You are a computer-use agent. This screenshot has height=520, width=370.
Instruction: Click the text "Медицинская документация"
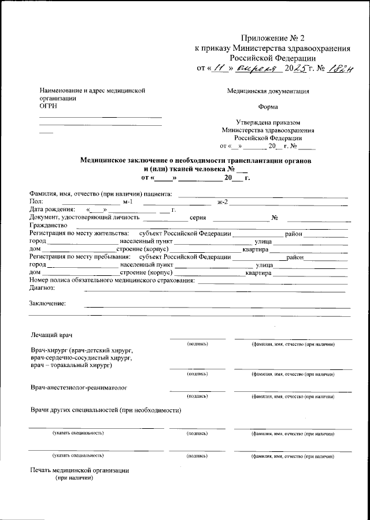(x=268, y=91)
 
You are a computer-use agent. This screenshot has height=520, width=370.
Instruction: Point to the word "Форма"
(x=268, y=107)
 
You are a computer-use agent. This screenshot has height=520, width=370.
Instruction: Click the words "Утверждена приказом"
(x=268, y=122)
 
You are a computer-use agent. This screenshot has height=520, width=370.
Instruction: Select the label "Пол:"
(x=36, y=201)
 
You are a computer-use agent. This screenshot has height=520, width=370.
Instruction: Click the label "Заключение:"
(x=47, y=304)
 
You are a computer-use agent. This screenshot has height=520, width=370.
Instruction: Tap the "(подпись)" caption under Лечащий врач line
(x=197, y=344)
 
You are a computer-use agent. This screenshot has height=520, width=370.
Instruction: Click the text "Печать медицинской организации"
(x=80, y=470)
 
